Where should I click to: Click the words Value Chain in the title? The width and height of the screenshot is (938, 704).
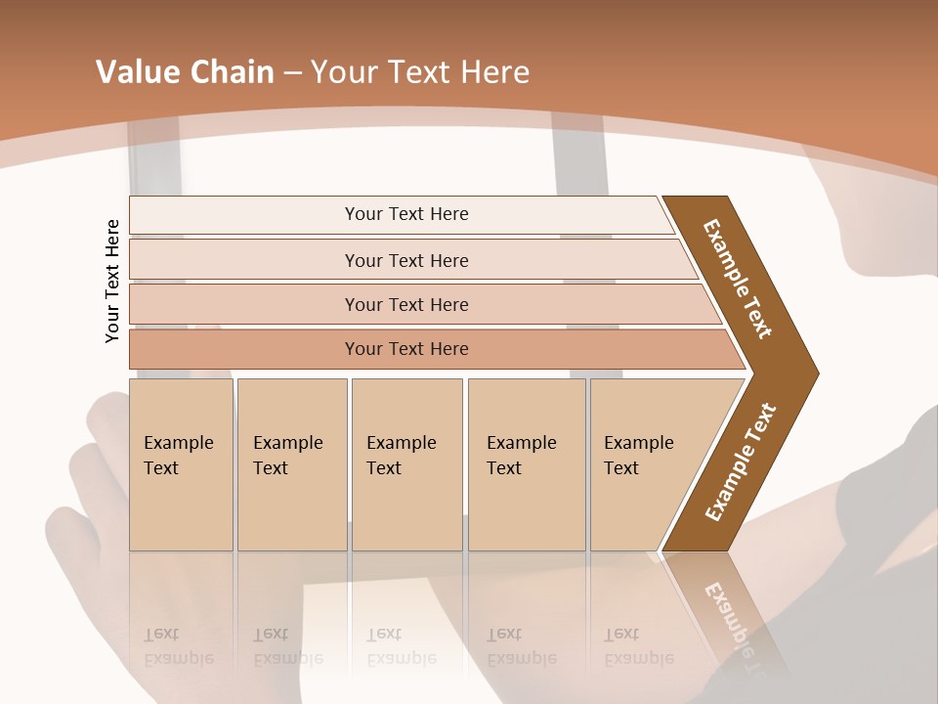[x=185, y=72]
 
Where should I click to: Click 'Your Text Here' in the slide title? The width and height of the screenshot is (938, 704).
[x=420, y=72]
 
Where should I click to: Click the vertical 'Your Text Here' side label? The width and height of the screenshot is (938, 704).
[x=112, y=281]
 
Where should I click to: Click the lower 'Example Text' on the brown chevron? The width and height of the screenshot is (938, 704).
[x=741, y=462]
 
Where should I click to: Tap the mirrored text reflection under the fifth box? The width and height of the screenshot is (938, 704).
[x=638, y=646]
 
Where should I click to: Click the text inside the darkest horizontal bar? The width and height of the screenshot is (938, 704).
[x=406, y=349]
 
